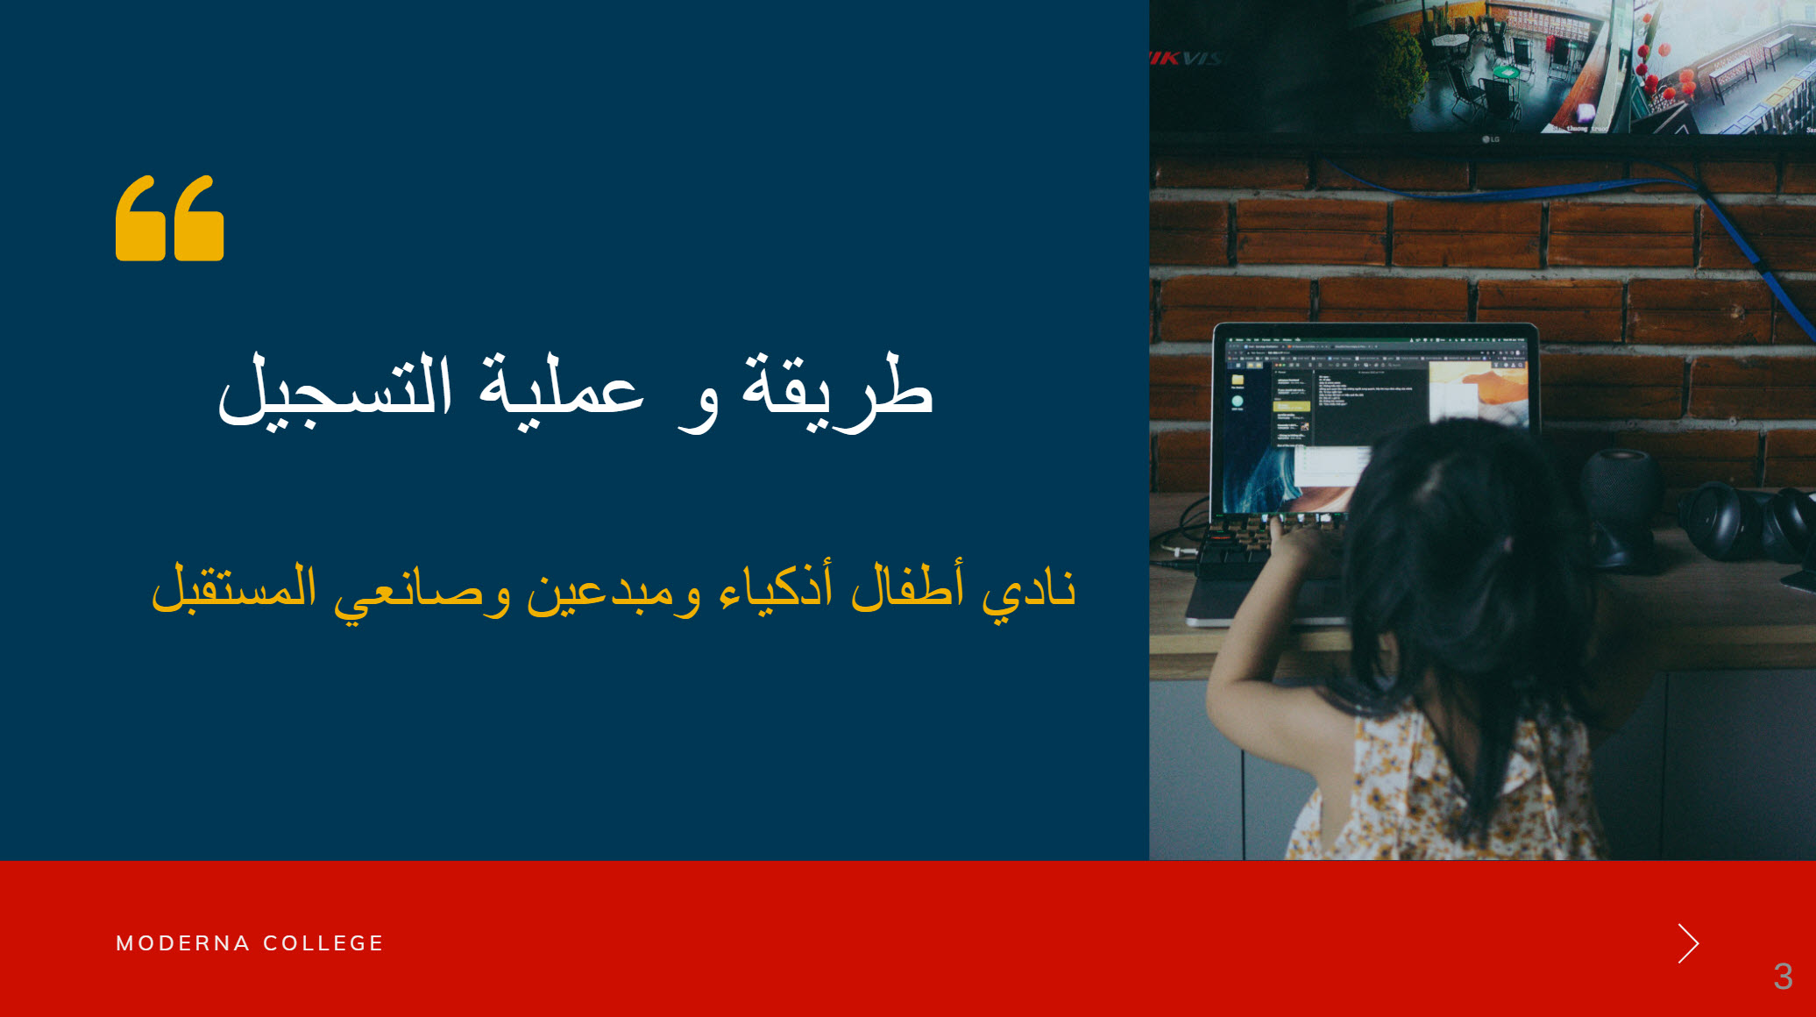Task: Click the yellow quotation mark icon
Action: pos(170,218)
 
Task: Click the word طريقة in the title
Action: pos(838,391)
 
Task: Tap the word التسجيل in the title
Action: pos(336,391)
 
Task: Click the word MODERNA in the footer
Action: pos(183,943)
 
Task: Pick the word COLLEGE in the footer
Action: pos(323,943)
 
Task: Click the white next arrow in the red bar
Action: pos(1688,943)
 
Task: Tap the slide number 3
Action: pos(1783,976)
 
